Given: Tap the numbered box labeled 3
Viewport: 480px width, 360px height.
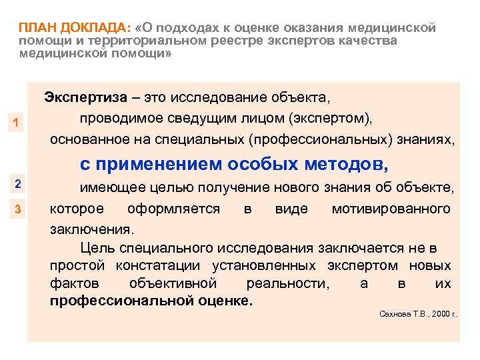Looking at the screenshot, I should [x=18, y=211].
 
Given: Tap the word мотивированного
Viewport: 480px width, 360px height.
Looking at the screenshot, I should [x=391, y=209].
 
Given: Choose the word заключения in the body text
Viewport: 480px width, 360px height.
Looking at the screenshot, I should [x=91, y=229].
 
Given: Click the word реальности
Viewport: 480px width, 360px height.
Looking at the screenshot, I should [x=291, y=283].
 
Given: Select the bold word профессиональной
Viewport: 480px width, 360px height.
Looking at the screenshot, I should [x=122, y=301].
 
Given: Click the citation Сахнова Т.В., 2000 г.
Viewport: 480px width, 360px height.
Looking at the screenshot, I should [x=417, y=313].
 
